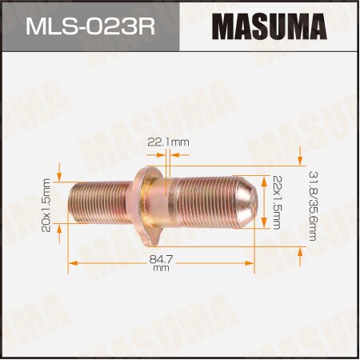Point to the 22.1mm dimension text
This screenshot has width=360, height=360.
pyautogui.click(x=167, y=142)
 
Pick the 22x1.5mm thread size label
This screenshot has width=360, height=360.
pyautogui.click(x=277, y=202)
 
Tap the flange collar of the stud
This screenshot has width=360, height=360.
pyautogui.click(x=156, y=204)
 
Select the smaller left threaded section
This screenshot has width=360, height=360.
pyautogui.click(x=104, y=204)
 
